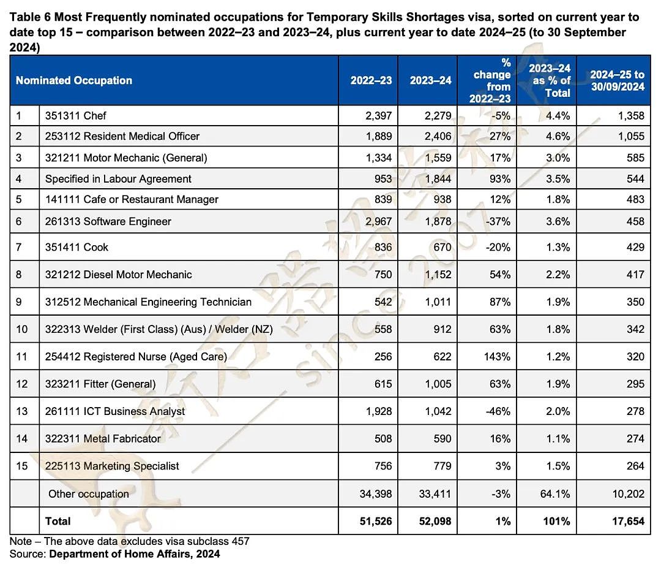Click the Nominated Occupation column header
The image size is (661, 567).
pos(74,80)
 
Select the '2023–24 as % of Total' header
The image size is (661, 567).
pos(549,80)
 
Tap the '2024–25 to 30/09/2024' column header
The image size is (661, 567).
pos(617,80)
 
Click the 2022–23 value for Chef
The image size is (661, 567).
pos(379,116)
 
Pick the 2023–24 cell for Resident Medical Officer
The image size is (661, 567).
pos(438,136)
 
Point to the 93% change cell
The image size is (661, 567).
pos(500,179)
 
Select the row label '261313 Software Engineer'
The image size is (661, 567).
pos(108,222)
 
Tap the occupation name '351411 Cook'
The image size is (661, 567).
pos(77,248)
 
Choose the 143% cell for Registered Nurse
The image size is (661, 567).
pos(497,357)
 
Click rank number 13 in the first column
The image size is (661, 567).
pos(21,412)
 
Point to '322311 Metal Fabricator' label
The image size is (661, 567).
pos(103,439)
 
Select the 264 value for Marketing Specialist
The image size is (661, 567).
pos(635,466)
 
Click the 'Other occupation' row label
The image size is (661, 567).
pos(89,494)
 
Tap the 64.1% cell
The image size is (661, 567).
pos(555,494)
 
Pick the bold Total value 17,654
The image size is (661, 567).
pos(628,522)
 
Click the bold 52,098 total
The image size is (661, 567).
pos(435,522)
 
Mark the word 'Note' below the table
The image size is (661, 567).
pos(21,541)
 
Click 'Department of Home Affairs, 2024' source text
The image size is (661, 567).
pos(135,554)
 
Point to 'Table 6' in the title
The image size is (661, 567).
pos(31,17)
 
